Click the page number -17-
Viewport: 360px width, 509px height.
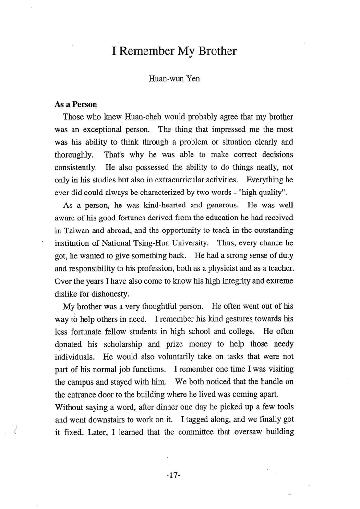pos(173,476)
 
